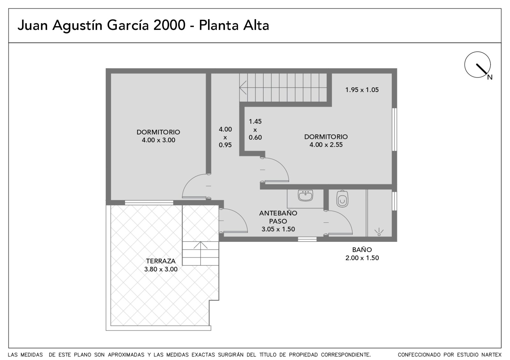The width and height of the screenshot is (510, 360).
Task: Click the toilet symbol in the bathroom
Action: pos(342,199)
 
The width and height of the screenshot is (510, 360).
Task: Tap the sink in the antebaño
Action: pos(305,196)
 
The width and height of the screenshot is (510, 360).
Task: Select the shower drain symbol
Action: pos(379,233)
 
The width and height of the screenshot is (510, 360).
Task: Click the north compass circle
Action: pos(477,65)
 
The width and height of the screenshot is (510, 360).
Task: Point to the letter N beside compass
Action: pos(490,77)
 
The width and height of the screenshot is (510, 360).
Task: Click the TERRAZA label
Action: pos(161,261)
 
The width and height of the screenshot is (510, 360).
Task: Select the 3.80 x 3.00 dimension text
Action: pos(161,269)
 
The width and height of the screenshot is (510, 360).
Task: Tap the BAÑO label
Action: pos(362,250)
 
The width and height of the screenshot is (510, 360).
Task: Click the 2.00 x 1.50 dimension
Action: pos(362,258)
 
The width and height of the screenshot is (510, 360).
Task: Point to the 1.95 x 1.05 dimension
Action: pos(362,90)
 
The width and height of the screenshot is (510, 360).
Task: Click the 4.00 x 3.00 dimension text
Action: pos(158,140)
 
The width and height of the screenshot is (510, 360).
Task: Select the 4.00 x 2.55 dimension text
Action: pos(326,145)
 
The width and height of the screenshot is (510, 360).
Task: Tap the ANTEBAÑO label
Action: pos(278,213)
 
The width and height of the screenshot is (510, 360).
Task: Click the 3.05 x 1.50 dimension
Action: pos(278,229)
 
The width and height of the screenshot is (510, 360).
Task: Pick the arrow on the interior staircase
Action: pos(243,87)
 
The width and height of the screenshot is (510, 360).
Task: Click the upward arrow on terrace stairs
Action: pos(200,253)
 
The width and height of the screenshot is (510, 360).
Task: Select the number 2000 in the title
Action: pos(169,25)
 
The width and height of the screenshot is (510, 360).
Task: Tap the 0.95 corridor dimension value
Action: pos(225,145)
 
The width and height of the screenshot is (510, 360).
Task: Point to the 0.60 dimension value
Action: pos(255,137)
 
